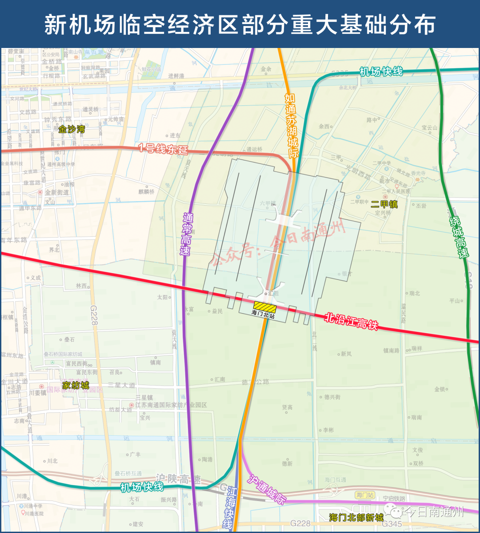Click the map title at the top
click(240, 25)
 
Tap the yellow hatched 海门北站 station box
click(264, 306)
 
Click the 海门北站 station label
click(263, 314)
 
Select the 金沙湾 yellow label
click(72, 129)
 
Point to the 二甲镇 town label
click(384, 204)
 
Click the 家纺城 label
click(76, 385)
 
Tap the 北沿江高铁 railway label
click(351, 321)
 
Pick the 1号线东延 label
click(163, 148)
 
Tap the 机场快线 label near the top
click(381, 72)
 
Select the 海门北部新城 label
click(356, 517)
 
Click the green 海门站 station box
click(365, 495)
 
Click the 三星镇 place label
click(144, 398)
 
